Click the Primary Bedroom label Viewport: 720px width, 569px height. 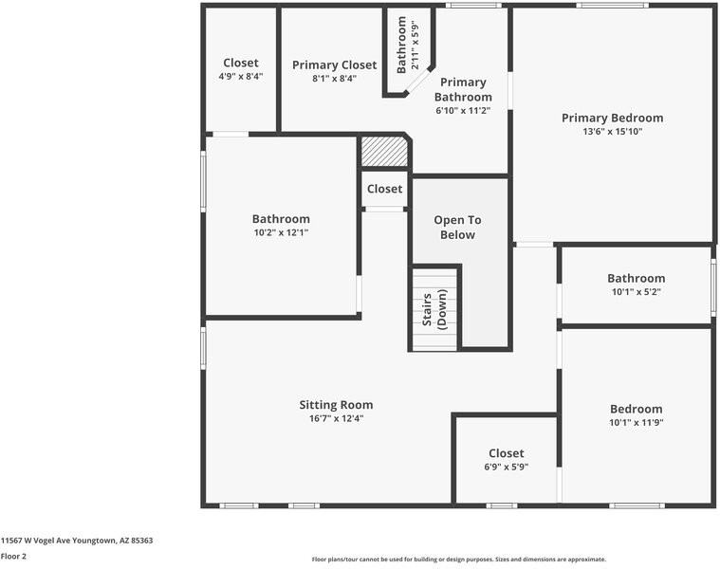click(x=612, y=119)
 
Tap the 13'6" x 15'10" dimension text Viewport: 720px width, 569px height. click(x=612, y=132)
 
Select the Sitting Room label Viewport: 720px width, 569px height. click(x=336, y=405)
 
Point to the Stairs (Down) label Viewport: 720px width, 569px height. click(x=434, y=310)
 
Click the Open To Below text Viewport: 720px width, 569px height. click(x=457, y=228)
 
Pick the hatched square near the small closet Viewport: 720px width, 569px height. click(x=383, y=152)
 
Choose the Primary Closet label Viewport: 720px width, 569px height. click(x=334, y=65)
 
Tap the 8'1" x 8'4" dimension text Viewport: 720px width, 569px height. click(x=334, y=79)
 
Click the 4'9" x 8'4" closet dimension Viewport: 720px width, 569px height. click(x=241, y=76)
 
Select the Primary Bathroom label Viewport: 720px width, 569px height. click(x=463, y=90)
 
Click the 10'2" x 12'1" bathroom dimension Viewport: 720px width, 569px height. click(x=281, y=232)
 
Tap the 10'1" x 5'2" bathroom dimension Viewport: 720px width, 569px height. click(x=636, y=292)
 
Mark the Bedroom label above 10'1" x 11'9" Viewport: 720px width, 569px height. click(x=636, y=410)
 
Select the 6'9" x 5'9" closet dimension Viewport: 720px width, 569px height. click(x=506, y=467)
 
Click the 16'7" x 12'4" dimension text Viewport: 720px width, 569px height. click(x=336, y=418)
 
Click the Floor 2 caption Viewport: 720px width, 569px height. click(x=13, y=557)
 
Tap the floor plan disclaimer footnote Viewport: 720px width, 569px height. click(x=458, y=560)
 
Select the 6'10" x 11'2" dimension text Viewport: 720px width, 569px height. click(x=463, y=110)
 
